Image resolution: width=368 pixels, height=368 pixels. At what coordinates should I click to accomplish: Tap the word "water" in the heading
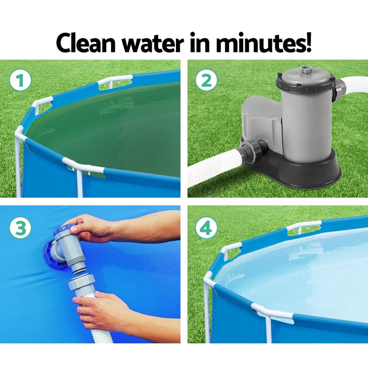click(152, 43)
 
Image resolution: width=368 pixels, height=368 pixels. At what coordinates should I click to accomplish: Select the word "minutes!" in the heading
click(263, 43)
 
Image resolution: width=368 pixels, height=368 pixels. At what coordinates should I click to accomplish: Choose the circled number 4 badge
click(206, 228)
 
